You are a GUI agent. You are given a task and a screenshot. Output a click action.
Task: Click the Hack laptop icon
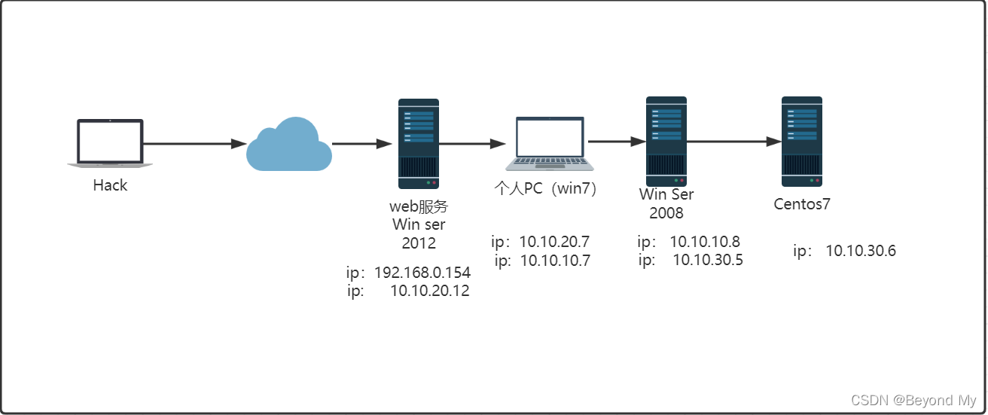pyautogui.click(x=110, y=142)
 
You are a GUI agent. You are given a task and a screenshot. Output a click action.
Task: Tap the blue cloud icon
pyautogui.click(x=289, y=145)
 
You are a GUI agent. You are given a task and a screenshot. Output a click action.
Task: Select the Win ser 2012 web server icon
pyautogui.click(x=419, y=144)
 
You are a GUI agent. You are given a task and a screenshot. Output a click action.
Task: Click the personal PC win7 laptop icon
pyautogui.click(x=550, y=143)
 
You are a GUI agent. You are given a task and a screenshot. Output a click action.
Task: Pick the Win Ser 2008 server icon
pyautogui.click(x=666, y=140)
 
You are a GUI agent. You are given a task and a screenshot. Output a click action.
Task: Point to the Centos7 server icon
pyautogui.click(x=801, y=142)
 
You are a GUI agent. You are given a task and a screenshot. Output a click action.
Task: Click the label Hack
pyautogui.click(x=110, y=185)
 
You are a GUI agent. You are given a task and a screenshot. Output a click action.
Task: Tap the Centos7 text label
pyautogui.click(x=802, y=203)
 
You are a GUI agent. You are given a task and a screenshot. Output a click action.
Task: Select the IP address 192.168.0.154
pyautogui.click(x=422, y=273)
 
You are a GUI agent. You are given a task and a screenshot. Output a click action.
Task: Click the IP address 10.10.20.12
pyautogui.click(x=429, y=291)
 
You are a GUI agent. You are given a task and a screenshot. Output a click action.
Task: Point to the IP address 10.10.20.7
pyautogui.click(x=554, y=242)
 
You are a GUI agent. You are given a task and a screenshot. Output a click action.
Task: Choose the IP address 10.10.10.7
pyautogui.click(x=554, y=261)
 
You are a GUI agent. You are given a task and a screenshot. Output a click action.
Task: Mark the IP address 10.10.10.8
pyautogui.click(x=705, y=242)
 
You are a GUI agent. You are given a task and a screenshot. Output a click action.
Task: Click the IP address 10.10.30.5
pyautogui.click(x=708, y=260)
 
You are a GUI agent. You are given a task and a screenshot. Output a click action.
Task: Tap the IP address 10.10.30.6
pyautogui.click(x=861, y=251)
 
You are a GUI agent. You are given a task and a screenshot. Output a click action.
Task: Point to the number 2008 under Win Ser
pyautogui.click(x=666, y=213)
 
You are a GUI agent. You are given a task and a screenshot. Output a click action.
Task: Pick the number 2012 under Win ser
pyautogui.click(x=419, y=243)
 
